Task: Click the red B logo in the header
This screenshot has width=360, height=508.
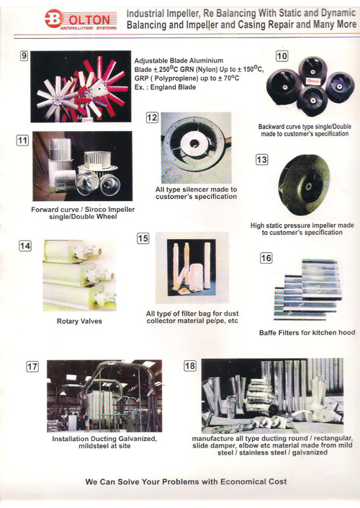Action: pos(53,19)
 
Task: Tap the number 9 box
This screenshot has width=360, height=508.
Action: pos(24,55)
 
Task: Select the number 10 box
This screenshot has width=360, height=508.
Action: pos(282,56)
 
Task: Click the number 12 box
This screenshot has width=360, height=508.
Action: pos(152,117)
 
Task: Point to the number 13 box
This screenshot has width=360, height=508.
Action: pos(261,159)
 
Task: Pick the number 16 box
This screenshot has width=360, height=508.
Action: pos(266,258)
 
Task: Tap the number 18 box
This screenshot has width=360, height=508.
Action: pos(189,366)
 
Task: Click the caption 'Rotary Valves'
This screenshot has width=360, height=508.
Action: pos(79,321)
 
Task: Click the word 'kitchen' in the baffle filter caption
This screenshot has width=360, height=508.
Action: pos(325,332)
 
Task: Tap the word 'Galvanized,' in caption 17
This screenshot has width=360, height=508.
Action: pos(138,439)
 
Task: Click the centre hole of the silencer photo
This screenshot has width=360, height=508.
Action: pos(195,142)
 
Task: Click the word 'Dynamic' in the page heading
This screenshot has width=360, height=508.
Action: pos(338,13)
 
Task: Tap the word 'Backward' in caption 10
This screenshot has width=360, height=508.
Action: pos(271,127)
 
